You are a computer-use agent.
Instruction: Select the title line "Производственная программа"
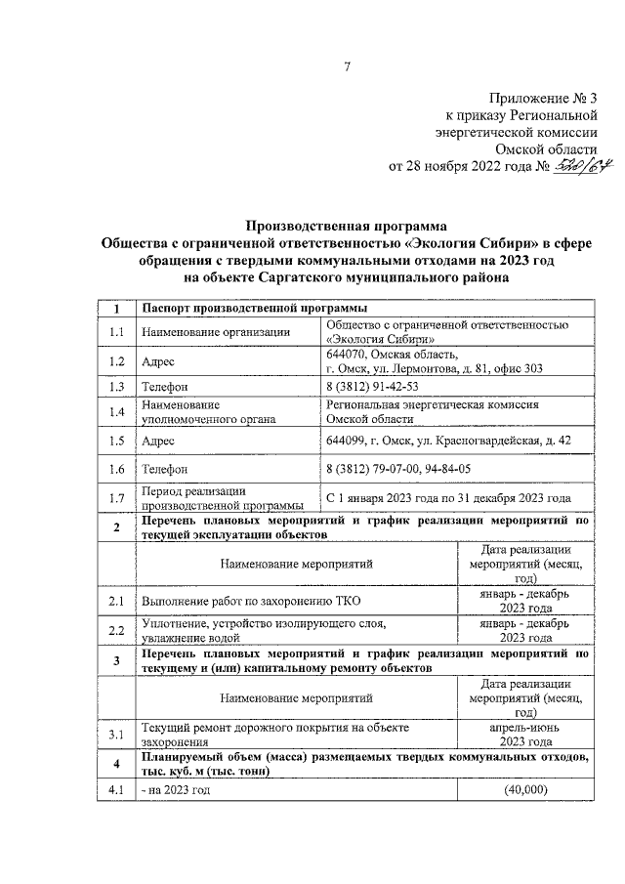[345, 225]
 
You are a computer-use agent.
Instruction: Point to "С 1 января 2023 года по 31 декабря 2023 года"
[448, 498]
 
